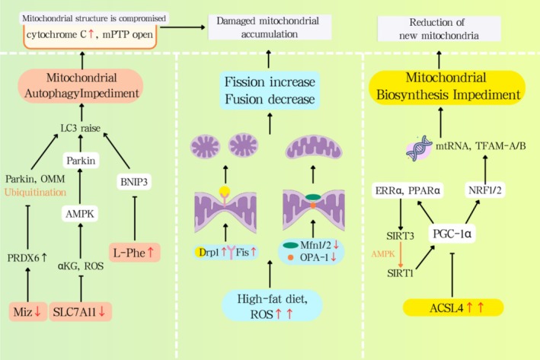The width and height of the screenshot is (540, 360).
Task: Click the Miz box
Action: [28, 312]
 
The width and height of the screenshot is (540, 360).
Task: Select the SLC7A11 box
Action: [80, 312]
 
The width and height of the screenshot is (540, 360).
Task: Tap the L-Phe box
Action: [135, 253]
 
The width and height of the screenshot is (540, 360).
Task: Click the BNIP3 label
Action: [134, 182]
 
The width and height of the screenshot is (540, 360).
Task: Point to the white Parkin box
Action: [81, 161]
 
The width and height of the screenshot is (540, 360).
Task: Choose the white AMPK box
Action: [80, 214]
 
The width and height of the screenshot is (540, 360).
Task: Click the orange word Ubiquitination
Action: [36, 192]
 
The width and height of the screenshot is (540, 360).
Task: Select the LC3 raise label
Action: [81, 129]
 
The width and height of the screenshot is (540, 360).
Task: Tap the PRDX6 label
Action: [27, 257]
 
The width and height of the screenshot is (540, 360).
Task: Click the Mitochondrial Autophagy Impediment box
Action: [81, 85]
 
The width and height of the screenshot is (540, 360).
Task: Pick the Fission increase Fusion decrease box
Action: [270, 91]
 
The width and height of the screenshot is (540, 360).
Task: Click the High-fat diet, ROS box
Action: [272, 306]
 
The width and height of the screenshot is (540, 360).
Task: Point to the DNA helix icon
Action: [419, 148]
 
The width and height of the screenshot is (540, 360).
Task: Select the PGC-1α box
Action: [452, 234]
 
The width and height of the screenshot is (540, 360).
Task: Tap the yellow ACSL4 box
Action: [453, 307]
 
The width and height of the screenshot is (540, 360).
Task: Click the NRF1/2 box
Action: [485, 190]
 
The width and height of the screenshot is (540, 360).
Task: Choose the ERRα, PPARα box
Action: [407, 190]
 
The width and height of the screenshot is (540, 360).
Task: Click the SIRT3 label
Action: [400, 236]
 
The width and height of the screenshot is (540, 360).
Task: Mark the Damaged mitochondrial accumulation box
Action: [270, 27]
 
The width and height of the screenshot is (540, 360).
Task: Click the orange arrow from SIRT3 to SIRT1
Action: [401, 255]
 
